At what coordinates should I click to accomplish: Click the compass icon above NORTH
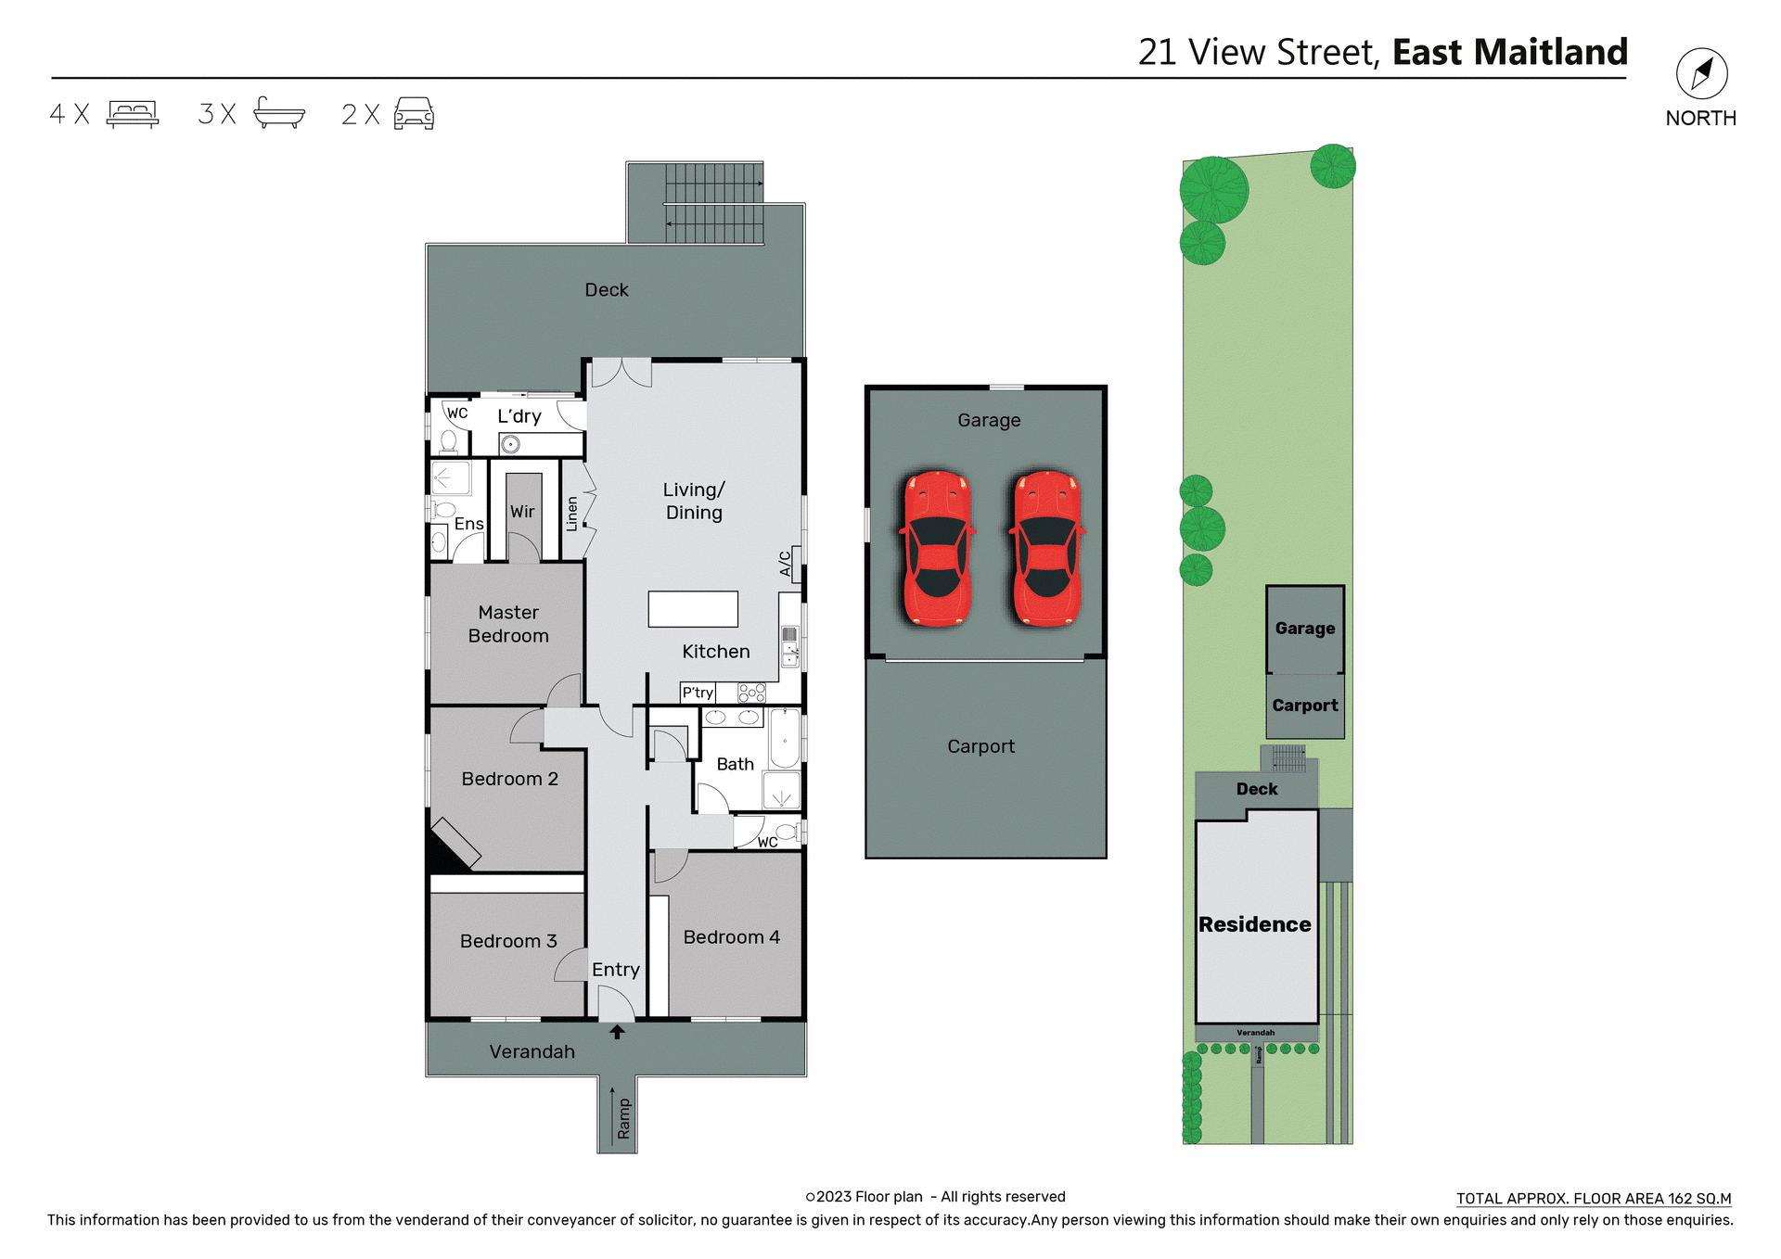[1701, 74]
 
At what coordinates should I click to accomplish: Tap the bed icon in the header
[133, 113]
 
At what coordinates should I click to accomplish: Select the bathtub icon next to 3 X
[279, 113]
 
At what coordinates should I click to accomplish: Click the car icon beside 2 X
[414, 113]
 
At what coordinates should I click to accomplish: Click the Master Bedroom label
[508, 624]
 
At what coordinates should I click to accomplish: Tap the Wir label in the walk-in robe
[522, 512]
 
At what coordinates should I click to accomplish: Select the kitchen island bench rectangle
[693, 609]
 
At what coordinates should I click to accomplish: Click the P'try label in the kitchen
[698, 693]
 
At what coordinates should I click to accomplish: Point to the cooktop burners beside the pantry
[751, 693]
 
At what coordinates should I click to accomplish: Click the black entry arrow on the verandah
[617, 1032]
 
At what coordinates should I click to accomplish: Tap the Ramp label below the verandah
[623, 1118]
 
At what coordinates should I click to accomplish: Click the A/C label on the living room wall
[786, 563]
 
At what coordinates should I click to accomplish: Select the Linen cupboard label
[572, 514]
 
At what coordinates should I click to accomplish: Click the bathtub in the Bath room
[785, 739]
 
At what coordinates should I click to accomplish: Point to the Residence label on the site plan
[1254, 924]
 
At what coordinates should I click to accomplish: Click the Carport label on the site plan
[1304, 706]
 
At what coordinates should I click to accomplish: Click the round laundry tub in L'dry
[509, 445]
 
